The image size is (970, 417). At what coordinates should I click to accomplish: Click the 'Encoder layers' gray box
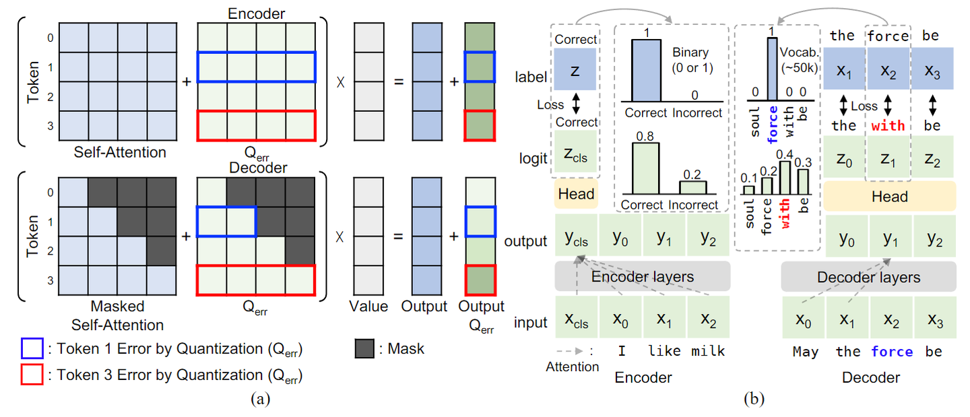[x=642, y=276]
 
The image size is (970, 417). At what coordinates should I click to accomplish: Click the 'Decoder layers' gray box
[x=868, y=277]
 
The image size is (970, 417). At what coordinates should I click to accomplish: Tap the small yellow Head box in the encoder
[x=576, y=194]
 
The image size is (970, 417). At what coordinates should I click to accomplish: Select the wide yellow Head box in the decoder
[x=890, y=196]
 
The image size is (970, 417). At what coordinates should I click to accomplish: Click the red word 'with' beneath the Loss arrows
[x=888, y=125]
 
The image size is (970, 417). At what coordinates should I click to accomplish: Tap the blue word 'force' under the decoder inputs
[x=892, y=351]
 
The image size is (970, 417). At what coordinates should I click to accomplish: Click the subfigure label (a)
[x=260, y=399]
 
